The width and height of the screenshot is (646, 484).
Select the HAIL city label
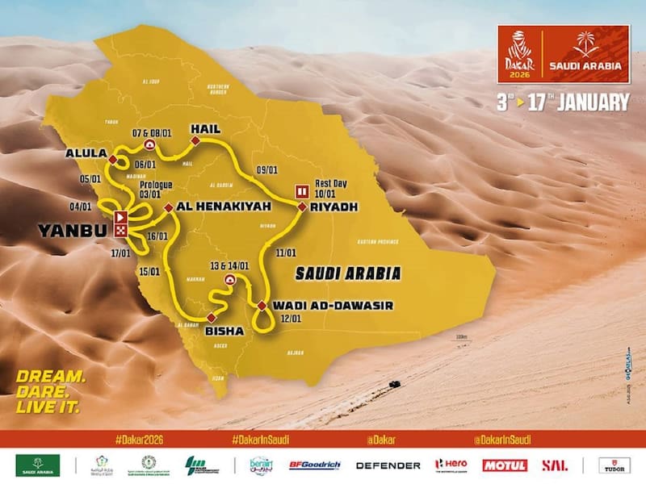click(x=206, y=128)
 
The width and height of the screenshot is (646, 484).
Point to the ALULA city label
click(x=86, y=152)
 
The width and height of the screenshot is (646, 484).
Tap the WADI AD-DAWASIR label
click(x=316, y=305)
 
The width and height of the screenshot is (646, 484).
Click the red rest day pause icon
click(x=303, y=191)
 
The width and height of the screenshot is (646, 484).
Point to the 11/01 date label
click(x=286, y=253)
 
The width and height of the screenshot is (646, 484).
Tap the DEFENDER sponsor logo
click(x=388, y=465)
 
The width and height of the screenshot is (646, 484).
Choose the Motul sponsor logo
click(x=505, y=465)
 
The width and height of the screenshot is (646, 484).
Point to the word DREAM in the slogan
click(x=51, y=376)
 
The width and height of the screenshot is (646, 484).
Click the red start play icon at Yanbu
click(x=120, y=216)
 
